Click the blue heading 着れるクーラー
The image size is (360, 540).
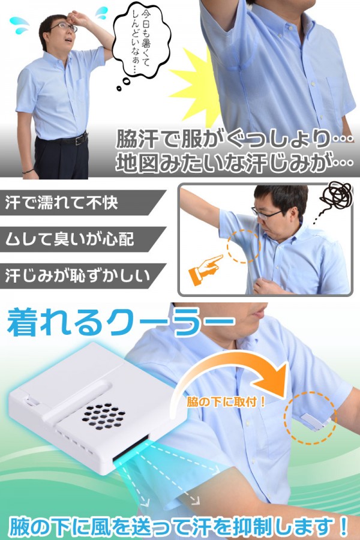click(x=120, y=326)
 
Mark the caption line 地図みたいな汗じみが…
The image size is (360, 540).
click(x=234, y=163)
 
